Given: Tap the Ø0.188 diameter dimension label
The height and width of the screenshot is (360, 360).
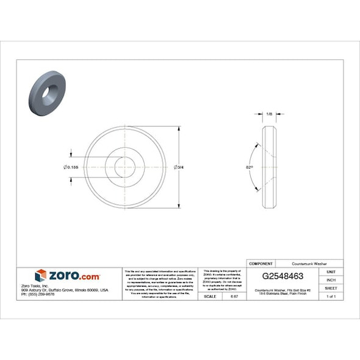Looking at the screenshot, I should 70,167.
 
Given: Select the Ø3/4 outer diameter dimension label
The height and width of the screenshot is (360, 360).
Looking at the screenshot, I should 179,167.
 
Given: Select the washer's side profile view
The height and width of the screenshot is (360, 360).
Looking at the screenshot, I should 270,167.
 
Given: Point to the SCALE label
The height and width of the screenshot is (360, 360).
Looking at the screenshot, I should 209,296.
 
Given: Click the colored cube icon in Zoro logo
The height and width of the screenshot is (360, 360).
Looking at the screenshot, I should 41,276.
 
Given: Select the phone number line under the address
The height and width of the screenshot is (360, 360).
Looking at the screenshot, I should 38,295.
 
